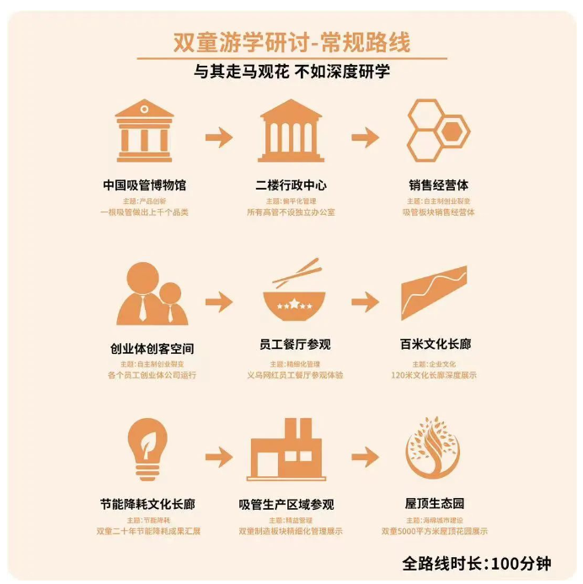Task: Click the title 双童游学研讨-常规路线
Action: pos(291,42)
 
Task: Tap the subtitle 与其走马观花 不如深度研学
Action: pos(291,72)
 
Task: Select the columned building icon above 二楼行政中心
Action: pos(291,131)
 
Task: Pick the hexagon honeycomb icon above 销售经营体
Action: pos(437,131)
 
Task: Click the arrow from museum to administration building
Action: pos(218,137)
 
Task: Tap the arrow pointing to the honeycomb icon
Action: pos(365,137)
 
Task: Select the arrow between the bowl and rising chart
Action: pos(365,302)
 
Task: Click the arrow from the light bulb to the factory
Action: pos(218,457)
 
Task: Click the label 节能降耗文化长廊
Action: pos(146,504)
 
